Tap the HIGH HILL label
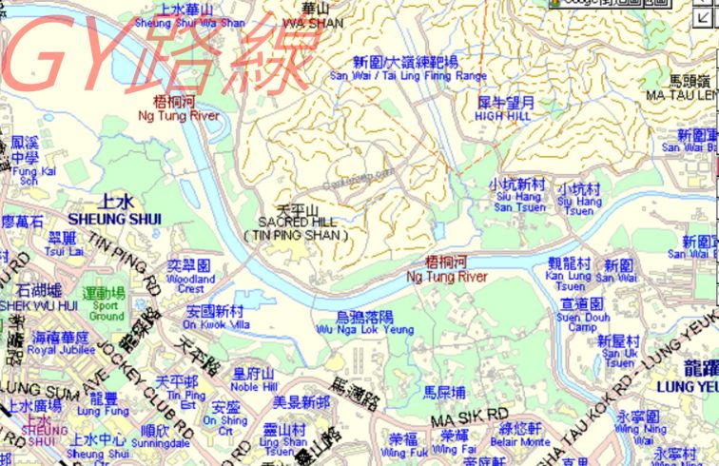(x=504, y=115)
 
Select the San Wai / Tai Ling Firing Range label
(x=408, y=75)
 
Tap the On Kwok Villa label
(x=216, y=323)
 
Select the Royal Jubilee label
(x=61, y=349)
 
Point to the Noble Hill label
(x=253, y=387)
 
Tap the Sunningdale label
(x=160, y=443)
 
